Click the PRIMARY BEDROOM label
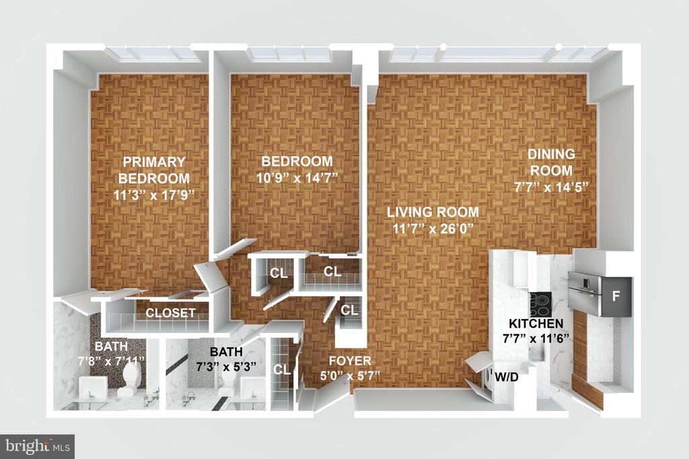point(154,170)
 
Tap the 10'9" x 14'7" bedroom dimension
point(297,178)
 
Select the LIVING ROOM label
point(433,212)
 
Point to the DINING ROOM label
point(551,162)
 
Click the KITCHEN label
point(536,324)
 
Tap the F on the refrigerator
point(616,296)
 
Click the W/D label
point(507,377)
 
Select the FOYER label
point(350,361)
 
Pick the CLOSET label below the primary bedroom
point(170,313)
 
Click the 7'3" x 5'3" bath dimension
point(226,367)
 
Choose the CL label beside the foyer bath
point(282,369)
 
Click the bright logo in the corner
point(38,447)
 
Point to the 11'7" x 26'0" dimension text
point(433,229)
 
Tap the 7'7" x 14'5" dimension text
point(551,187)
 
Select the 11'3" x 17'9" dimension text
point(154,195)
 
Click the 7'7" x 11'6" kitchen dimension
point(536,339)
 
